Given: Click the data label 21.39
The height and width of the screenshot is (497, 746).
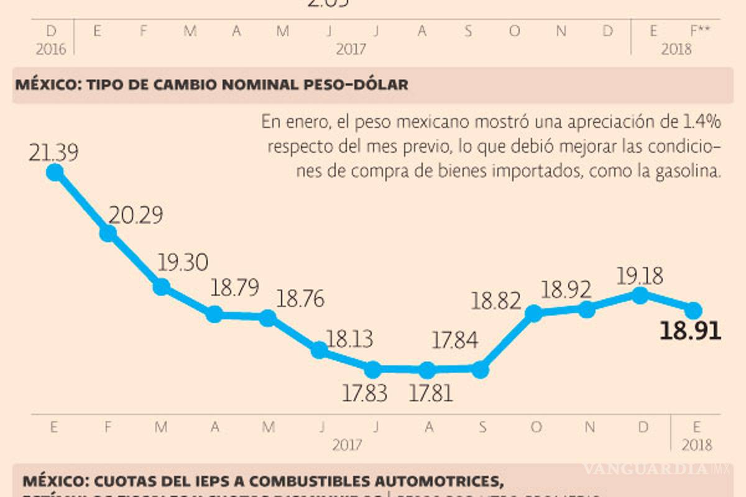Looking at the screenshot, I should (x=53, y=153).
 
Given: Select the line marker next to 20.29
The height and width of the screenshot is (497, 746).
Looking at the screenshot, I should (x=108, y=233).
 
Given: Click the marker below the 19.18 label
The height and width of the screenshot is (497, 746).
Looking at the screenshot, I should (x=639, y=295).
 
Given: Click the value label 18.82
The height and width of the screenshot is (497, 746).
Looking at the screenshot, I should (x=495, y=302).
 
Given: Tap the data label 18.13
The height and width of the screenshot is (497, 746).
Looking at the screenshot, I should (x=349, y=339).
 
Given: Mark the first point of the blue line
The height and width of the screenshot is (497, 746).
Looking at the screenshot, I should (x=55, y=173).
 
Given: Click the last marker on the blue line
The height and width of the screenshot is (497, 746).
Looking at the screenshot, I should (x=694, y=309).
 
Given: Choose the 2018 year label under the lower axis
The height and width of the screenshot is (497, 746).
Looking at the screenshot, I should (x=696, y=445).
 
